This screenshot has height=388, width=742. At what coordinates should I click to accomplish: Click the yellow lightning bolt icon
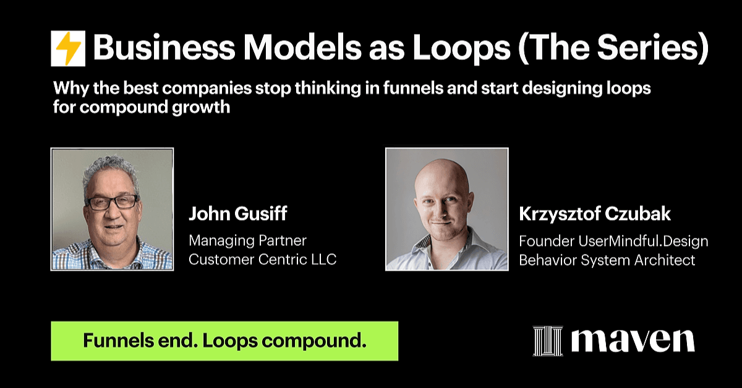68,49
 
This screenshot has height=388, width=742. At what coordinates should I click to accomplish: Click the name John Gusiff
238,214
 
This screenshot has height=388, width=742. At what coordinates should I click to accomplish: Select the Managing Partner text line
247,241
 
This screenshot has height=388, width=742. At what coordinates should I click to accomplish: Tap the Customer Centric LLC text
263,259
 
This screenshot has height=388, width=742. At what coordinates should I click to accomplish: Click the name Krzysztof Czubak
595,214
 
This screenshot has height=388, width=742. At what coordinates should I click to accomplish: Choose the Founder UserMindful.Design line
613,241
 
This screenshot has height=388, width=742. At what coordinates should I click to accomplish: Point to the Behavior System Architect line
607,260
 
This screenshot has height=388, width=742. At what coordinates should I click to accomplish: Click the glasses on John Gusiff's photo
113,202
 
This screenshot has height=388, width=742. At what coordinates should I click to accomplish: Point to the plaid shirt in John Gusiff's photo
113,256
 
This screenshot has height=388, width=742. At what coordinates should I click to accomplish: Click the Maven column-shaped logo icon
548,340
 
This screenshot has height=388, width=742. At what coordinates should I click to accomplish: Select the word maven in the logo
633,341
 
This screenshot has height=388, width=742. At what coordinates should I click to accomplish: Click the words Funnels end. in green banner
140,340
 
